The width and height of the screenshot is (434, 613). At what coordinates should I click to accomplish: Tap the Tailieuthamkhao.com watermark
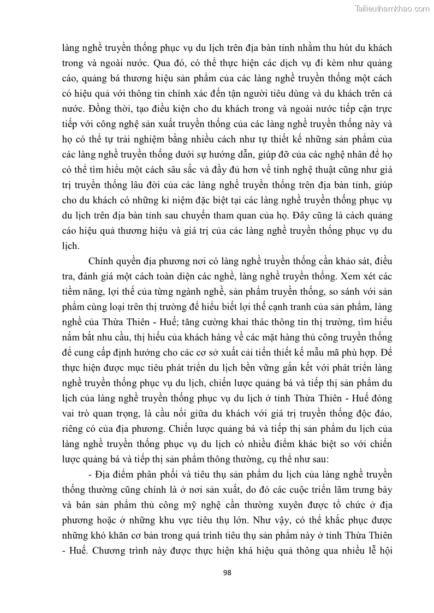click(393, 8)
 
